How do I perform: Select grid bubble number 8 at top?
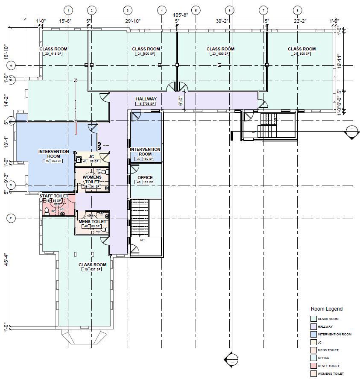coord(297,10)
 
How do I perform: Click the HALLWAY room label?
coord(146,99)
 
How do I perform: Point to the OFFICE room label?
coord(145,177)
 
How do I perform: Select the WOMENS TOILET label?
coord(92,179)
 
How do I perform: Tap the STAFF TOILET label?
coord(54,196)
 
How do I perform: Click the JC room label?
coord(91,156)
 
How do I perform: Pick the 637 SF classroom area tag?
coord(92,270)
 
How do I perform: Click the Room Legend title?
coord(326,309)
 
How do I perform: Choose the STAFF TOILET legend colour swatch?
coord(313,366)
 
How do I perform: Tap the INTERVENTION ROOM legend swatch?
coord(313,335)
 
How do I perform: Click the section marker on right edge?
coord(352,131)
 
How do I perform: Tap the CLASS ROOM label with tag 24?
coord(301,49)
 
